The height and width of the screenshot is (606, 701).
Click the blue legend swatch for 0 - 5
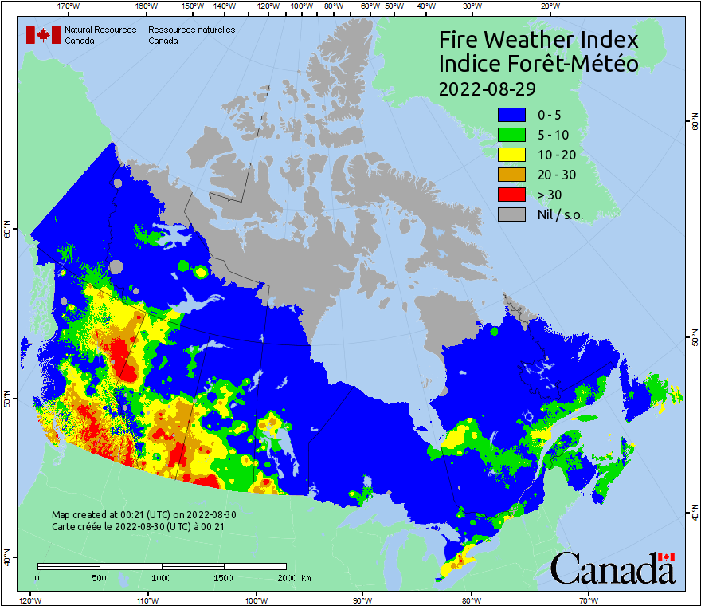511,115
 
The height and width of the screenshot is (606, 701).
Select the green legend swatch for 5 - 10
511,135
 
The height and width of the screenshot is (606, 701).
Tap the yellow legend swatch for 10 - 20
511,155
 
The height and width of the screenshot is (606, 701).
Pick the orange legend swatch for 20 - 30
511,175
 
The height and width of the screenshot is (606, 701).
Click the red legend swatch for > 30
511,195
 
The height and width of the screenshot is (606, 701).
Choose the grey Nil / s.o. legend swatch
511,214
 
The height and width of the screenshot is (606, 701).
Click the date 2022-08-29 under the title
487,88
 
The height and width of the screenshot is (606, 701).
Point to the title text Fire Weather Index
538,40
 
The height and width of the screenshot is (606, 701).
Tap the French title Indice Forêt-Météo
538,64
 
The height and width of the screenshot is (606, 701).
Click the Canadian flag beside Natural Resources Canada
43,35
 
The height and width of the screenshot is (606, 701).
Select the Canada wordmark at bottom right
613,568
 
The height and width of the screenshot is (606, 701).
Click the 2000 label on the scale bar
286,577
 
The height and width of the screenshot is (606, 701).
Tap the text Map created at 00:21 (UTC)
143,515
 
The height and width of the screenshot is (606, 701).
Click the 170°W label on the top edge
69,6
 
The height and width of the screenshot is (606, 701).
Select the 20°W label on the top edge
548,6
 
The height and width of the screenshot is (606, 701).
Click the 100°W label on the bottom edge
256,600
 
